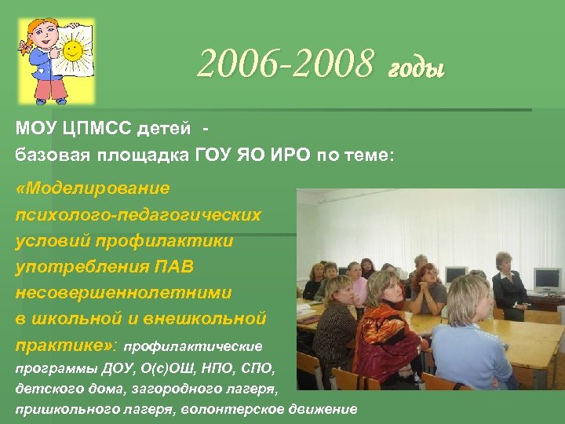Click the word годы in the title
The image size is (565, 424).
tap(416, 70)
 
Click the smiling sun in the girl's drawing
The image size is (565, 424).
tap(73, 51)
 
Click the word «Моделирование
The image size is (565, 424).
tap(93, 188)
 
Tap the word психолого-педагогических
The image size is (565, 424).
tap(138, 214)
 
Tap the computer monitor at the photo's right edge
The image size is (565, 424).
tap(546, 279)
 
